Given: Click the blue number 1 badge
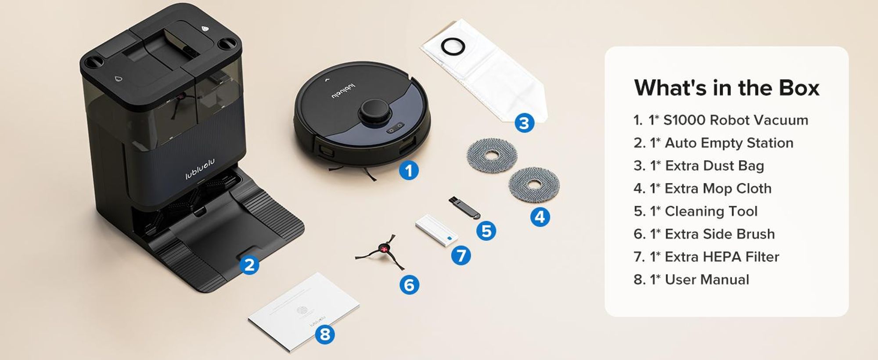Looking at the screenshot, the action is (x=409, y=170).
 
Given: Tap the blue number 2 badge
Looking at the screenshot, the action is (x=249, y=265).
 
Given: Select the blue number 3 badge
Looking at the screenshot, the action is (x=524, y=123).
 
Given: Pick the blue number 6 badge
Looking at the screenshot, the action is (x=409, y=285).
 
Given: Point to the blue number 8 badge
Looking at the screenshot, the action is (x=325, y=335).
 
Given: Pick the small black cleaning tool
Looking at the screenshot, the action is (x=464, y=208).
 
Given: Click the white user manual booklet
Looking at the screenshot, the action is (x=304, y=311).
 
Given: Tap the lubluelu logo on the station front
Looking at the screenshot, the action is (x=200, y=169).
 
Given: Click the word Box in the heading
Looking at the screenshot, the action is (x=799, y=88).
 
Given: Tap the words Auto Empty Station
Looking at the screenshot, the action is (x=729, y=143).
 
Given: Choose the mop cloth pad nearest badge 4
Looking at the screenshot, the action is (x=534, y=184).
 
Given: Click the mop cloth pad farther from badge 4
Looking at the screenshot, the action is (x=492, y=154).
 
